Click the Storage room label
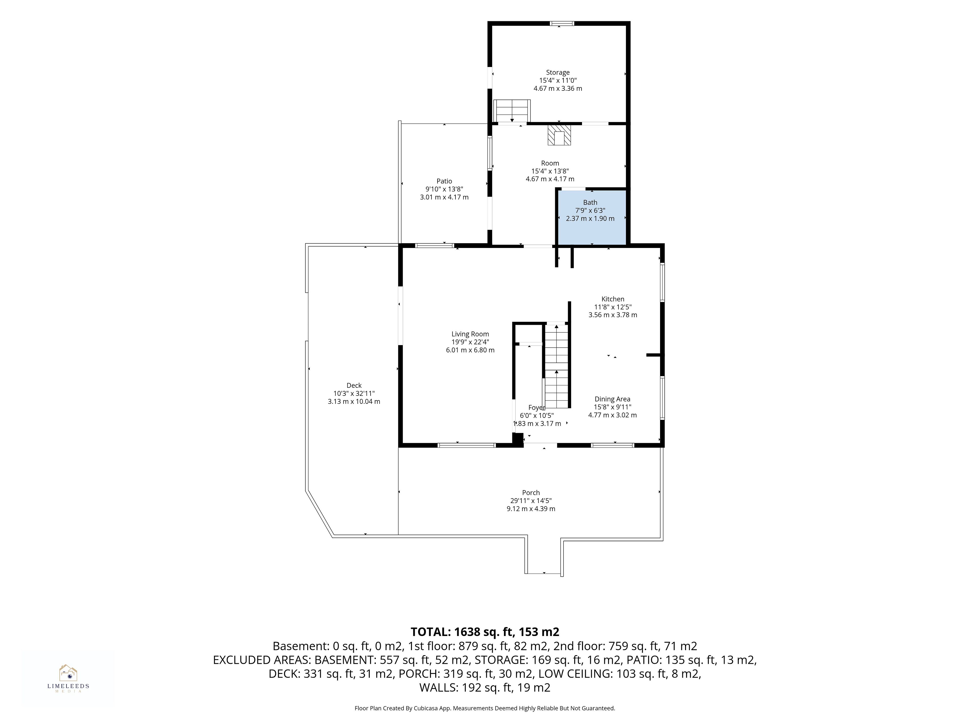tap(558, 72)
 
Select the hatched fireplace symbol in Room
tap(559, 135)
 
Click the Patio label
tap(444, 181)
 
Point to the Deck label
tap(354, 385)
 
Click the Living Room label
tap(470, 334)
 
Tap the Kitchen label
tap(613, 299)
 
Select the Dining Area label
tap(612, 399)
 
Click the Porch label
tap(531, 492)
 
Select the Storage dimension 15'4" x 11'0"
tap(558, 80)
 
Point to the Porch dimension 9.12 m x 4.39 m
tap(531, 509)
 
